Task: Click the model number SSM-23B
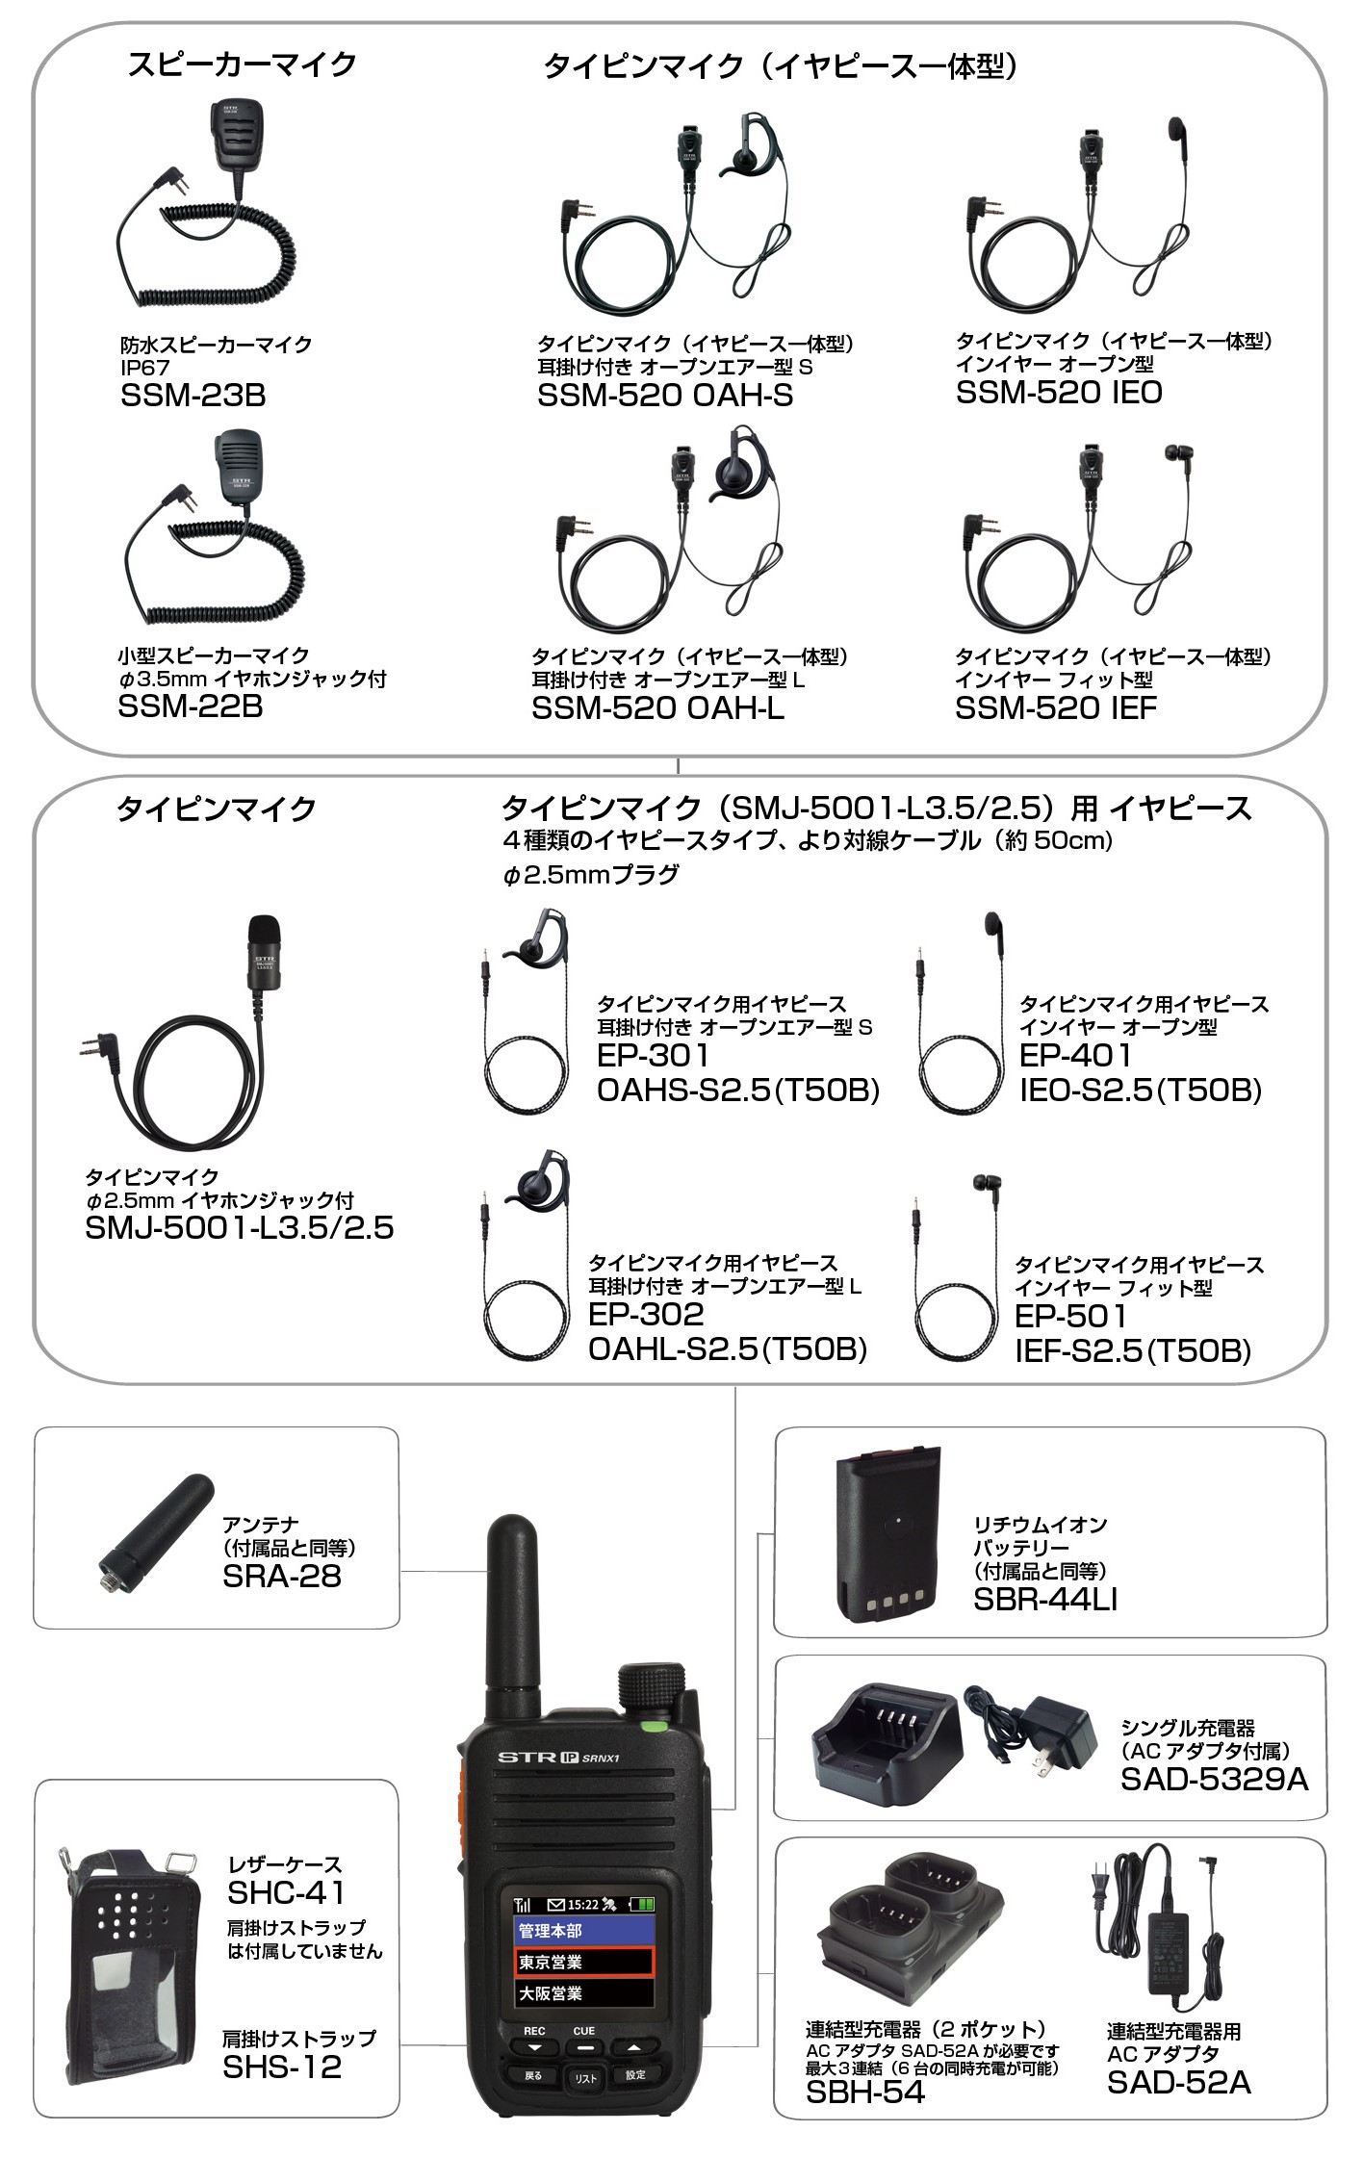(x=193, y=396)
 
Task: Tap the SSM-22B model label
(x=190, y=706)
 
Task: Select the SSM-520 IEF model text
(x=1056, y=708)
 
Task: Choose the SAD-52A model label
(x=1178, y=2082)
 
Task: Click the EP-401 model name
(x=1075, y=1055)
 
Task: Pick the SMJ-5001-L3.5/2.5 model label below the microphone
(x=240, y=1228)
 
